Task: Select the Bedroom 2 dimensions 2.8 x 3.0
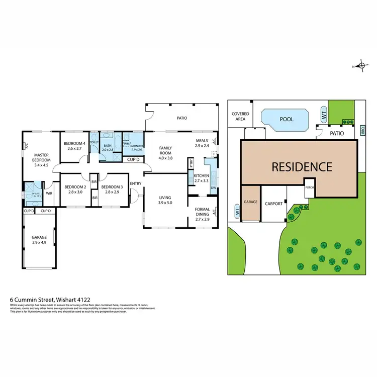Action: (74, 192)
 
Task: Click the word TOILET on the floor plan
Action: (94, 142)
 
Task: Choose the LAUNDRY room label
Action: (137, 146)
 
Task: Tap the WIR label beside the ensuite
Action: (49, 192)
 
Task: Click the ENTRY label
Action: (135, 183)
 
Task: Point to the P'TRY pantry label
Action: (191, 164)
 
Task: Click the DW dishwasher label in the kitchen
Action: (214, 188)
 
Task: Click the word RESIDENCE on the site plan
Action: (302, 167)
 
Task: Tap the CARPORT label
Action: (274, 204)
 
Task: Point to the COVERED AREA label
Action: (240, 117)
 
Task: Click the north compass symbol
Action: (361, 66)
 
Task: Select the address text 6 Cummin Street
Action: (38, 299)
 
